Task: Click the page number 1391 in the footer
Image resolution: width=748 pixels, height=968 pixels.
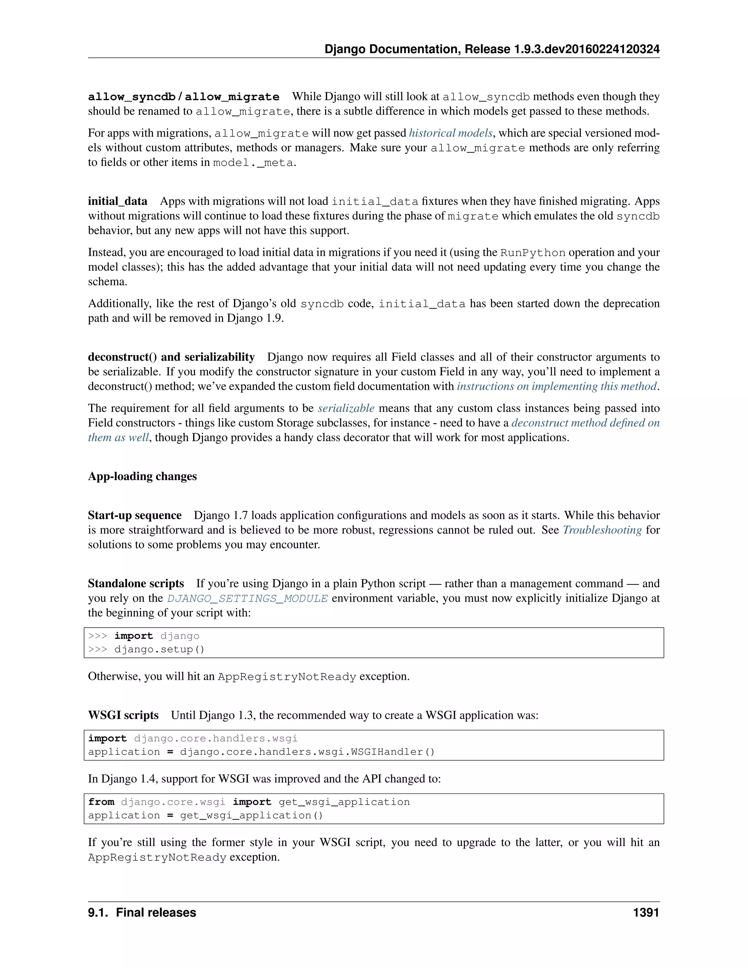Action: (646, 912)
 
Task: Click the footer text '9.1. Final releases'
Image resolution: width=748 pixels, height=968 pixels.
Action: (142, 912)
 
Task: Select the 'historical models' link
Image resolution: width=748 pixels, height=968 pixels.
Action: (450, 133)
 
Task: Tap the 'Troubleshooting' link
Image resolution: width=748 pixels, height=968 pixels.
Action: (602, 530)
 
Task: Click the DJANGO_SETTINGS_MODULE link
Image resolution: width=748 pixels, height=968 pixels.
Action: (247, 598)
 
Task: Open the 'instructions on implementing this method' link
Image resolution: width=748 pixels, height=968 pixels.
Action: (557, 386)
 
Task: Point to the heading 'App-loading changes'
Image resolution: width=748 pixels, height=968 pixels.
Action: (142, 476)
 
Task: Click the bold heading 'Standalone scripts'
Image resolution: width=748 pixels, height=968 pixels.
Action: (136, 583)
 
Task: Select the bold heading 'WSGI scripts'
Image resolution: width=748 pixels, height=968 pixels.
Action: (123, 715)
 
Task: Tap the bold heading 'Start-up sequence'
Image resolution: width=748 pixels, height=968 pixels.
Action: (135, 515)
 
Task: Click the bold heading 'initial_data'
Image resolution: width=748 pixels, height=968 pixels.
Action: (118, 201)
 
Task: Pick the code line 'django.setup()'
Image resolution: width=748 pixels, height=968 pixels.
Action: (159, 649)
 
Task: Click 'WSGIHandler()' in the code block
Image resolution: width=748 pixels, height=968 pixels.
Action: (393, 752)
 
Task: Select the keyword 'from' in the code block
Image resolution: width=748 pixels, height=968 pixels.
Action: (101, 802)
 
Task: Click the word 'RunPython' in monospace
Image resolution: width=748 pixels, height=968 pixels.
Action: (533, 253)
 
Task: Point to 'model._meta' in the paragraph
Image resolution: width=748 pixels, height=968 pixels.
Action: (253, 163)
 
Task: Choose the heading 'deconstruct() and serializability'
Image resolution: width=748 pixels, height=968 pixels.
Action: (171, 357)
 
